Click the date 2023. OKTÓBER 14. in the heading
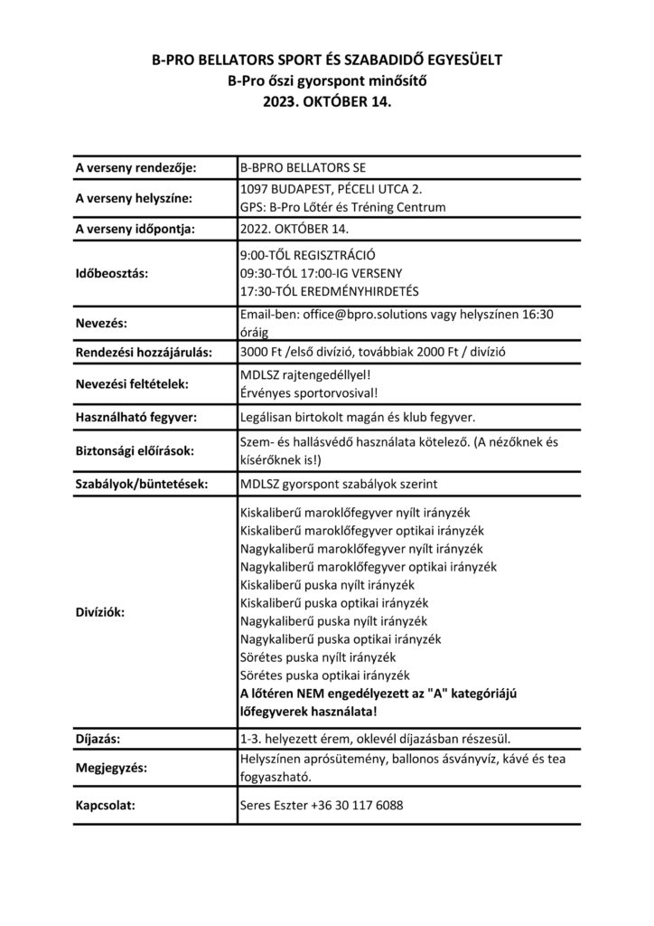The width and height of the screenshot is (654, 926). tap(326, 104)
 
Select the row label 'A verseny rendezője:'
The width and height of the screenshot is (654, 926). tap(135, 167)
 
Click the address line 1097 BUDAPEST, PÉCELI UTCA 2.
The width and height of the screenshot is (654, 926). tap(332, 189)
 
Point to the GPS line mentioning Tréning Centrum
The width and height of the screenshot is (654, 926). tap(343, 207)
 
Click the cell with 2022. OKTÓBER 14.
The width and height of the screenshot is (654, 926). tap(294, 229)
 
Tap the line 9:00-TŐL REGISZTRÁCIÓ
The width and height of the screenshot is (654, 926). tap(307, 254)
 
